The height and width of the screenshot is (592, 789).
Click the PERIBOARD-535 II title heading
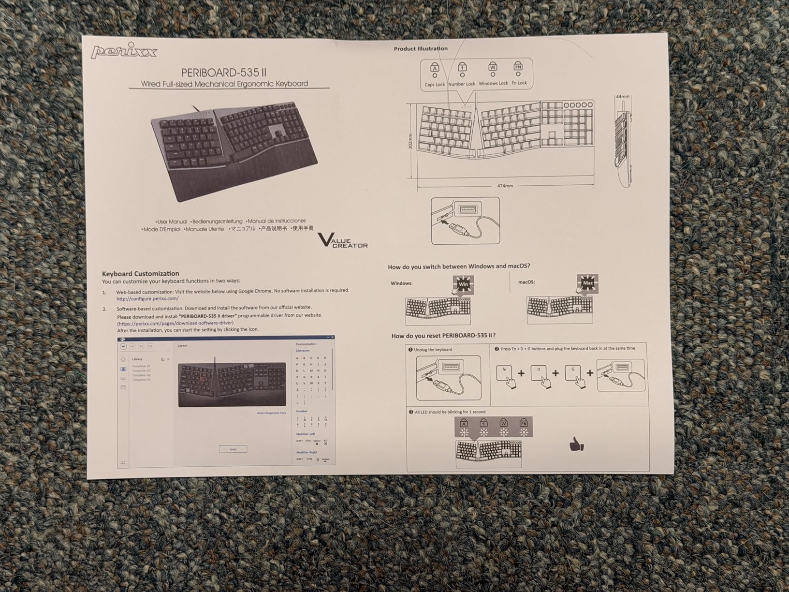pyautogui.click(x=224, y=73)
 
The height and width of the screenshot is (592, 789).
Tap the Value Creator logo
pyautogui.click(x=342, y=240)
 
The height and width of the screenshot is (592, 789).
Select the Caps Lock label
pyautogui.click(x=434, y=85)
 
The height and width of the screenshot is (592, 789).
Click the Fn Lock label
pyautogui.click(x=519, y=83)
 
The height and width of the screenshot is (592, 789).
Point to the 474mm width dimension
pyautogui.click(x=505, y=186)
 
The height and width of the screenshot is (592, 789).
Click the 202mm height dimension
pyautogui.click(x=410, y=141)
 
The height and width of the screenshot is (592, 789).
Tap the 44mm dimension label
pyautogui.click(x=622, y=97)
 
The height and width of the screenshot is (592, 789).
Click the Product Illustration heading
pyautogui.click(x=421, y=49)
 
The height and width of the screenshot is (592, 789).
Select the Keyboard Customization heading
pyautogui.click(x=140, y=273)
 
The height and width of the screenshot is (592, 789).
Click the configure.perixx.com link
pyautogui.click(x=147, y=298)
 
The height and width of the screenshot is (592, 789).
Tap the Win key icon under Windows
pyautogui.click(x=463, y=284)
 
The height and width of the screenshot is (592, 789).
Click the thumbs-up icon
pyautogui.click(x=576, y=444)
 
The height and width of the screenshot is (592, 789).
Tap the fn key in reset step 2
pyautogui.click(x=505, y=373)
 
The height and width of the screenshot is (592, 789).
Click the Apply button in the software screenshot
pyautogui.click(x=233, y=449)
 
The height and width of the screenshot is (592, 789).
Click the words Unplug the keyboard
pyautogui.click(x=433, y=350)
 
